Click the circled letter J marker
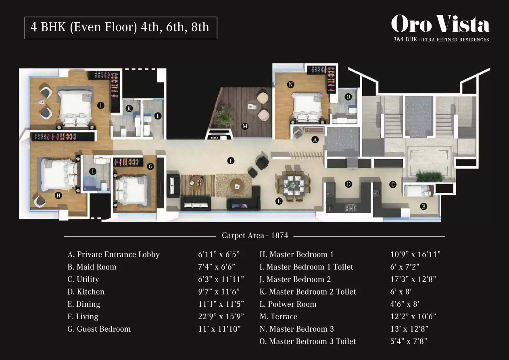pyautogui.click(x=101, y=105)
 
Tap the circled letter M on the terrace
pyautogui.click(x=245, y=126)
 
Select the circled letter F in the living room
pyautogui.click(x=231, y=161)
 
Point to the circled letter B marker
pyautogui.click(x=423, y=207)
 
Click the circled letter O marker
pyautogui.click(x=348, y=97)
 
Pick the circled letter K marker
pyautogui.click(x=129, y=109)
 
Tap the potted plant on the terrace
pyautogui.click(x=224, y=117)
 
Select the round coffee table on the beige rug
pyautogui.click(x=237, y=186)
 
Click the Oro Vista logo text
pyautogui.click(x=440, y=24)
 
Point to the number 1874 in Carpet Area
pyautogui.click(x=280, y=235)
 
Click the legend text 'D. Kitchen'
pyautogui.click(x=86, y=291)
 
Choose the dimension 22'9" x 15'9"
pyautogui.click(x=221, y=316)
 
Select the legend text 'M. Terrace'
pyautogui.click(x=278, y=316)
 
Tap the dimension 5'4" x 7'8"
pyautogui.click(x=409, y=341)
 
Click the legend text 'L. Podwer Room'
pyautogui.click(x=288, y=304)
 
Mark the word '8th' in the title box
pyautogui.click(x=200, y=27)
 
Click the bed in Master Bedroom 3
pyautogui.click(x=307, y=107)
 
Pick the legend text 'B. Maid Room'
pyautogui.click(x=92, y=267)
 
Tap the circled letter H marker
pyautogui.click(x=58, y=195)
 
